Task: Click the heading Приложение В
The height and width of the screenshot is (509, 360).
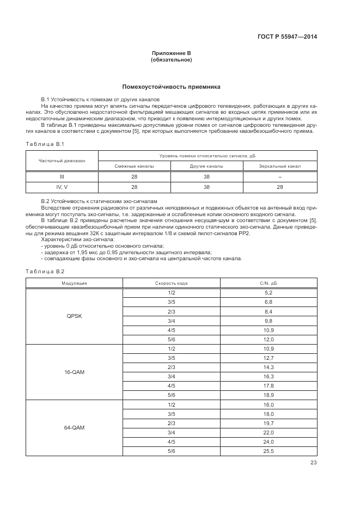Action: click(x=171, y=53)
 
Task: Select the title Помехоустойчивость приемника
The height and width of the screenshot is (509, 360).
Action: click(x=171, y=87)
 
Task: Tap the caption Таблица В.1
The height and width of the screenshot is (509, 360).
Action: click(x=45, y=144)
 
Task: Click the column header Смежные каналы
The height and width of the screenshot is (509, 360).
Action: click(x=134, y=165)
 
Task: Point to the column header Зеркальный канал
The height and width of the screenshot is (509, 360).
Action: click(x=279, y=165)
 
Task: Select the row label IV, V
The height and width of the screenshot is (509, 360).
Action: click(x=62, y=187)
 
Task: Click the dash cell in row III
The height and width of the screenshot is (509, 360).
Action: click(x=279, y=176)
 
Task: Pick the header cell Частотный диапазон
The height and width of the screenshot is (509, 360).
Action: click(x=62, y=161)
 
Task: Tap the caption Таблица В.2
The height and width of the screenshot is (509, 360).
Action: click(x=45, y=271)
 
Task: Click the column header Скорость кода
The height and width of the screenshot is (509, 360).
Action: click(x=172, y=283)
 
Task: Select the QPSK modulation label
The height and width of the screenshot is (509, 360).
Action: click(x=74, y=315)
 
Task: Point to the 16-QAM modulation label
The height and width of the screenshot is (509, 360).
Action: click(x=74, y=372)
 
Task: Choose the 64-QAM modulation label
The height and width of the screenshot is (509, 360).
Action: click(x=74, y=428)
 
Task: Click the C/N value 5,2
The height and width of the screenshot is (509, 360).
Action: click(x=269, y=293)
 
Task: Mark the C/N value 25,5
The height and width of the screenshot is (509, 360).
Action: click(x=269, y=451)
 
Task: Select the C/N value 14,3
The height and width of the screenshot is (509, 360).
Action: click(x=269, y=368)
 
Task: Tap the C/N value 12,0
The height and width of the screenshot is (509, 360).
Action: click(x=269, y=340)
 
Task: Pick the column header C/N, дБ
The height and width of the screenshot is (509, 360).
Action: click(x=269, y=283)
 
